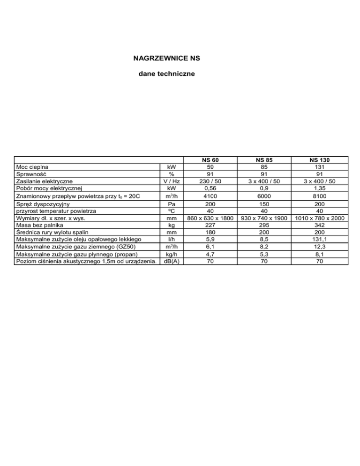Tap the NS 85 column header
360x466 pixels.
point(266,160)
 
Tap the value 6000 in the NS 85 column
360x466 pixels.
point(266,196)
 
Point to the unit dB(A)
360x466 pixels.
point(171,261)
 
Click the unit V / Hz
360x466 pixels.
point(171,180)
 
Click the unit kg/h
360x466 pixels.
point(171,254)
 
